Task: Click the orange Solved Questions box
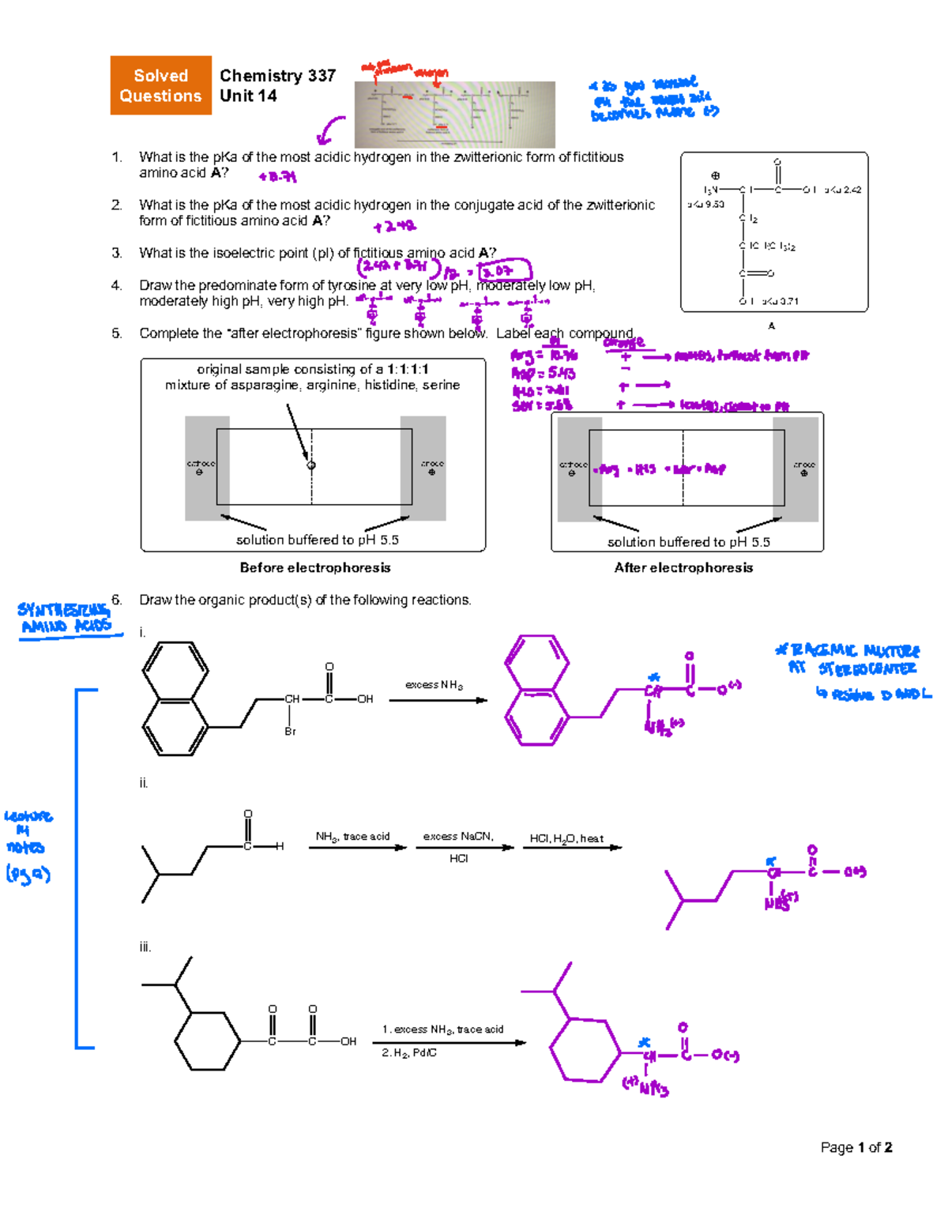coord(160,85)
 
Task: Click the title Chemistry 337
coord(277,76)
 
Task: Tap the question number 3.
coord(116,253)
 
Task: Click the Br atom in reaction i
coord(290,732)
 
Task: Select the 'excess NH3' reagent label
coord(434,685)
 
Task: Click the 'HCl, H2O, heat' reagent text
coord(566,838)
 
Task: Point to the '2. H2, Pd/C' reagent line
coord(409,1052)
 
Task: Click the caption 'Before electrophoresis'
coord(314,567)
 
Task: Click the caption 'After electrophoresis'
coord(683,567)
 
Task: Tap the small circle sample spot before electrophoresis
coord(311,465)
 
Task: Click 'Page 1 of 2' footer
coord(856,1147)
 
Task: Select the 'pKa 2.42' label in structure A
coord(842,190)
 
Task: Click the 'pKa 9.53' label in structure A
coord(705,204)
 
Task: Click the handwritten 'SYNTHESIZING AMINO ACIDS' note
coord(66,618)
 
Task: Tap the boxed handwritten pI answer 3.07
coord(505,271)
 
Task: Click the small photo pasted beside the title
coord(454,114)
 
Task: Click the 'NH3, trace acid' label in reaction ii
coord(352,836)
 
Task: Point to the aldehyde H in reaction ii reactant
coord(280,846)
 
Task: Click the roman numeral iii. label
coord(145,947)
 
